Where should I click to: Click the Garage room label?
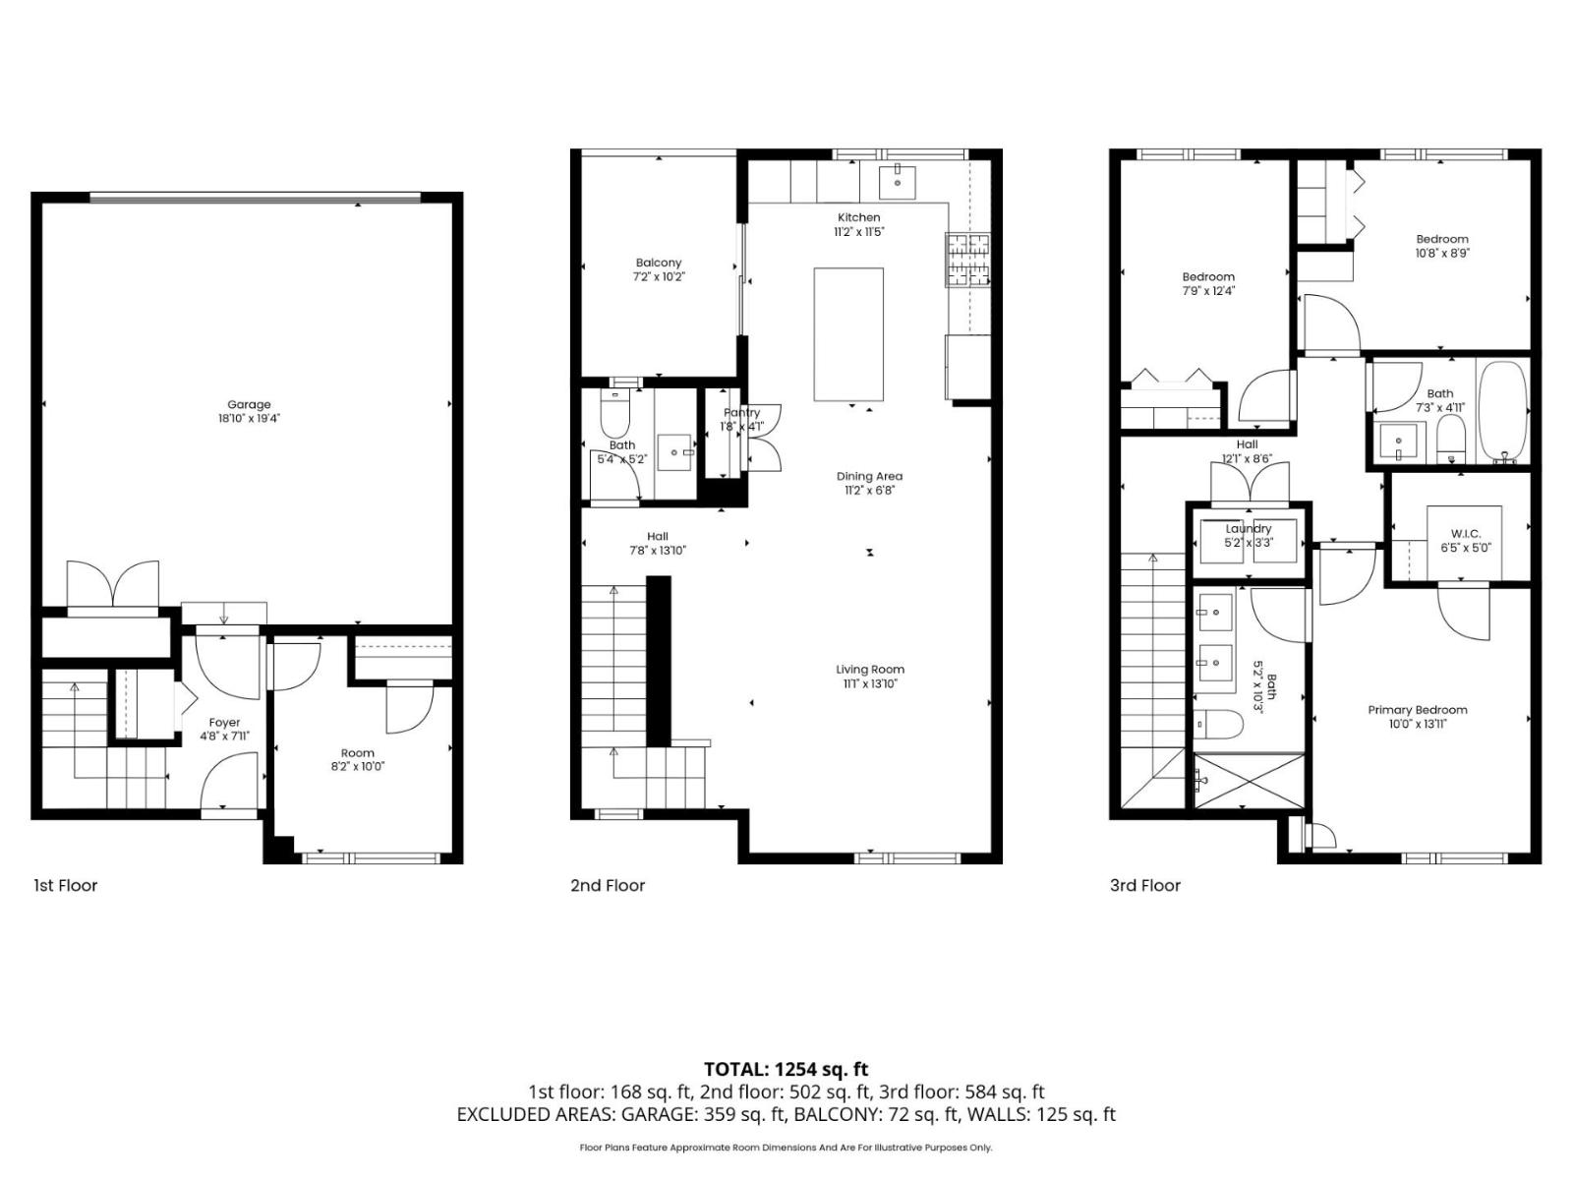[249, 404]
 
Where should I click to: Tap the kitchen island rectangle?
[847, 333]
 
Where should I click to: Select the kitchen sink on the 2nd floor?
[897, 181]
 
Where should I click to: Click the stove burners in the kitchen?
[967, 260]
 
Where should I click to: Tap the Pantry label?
[741, 413]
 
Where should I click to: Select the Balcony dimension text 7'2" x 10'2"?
[658, 276]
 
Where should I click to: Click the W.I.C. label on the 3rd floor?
[1465, 534]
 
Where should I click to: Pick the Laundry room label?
[1248, 529]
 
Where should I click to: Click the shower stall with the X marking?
[1249, 781]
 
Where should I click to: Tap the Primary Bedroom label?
[1417, 710]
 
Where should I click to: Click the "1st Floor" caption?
[66, 885]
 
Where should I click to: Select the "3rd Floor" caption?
[1144, 885]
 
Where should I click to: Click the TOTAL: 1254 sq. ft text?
[786, 1069]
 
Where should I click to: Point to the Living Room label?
[869, 670]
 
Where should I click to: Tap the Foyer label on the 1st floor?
[224, 723]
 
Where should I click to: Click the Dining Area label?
[869, 477]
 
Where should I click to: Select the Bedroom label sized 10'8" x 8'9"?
[1441, 239]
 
